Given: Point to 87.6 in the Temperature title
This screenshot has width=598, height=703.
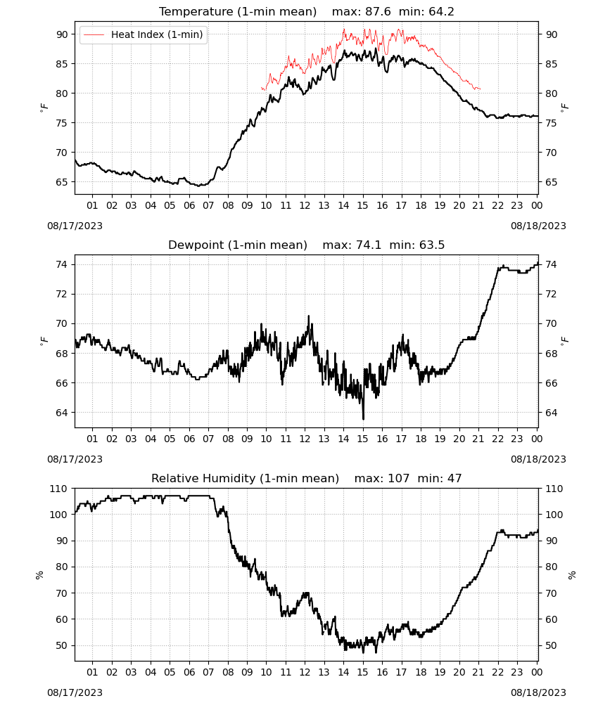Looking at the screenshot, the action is (x=378, y=11).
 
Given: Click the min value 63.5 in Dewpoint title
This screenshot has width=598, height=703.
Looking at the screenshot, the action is (x=432, y=245).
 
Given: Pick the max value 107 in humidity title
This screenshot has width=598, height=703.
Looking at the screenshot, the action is (x=398, y=478).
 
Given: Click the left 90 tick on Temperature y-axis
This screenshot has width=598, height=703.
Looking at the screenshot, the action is (x=63, y=34).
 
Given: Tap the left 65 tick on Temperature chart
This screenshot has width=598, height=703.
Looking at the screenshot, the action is (x=63, y=182).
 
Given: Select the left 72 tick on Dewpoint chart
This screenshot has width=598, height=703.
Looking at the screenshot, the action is (x=63, y=294).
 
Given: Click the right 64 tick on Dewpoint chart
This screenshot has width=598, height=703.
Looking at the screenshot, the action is (x=552, y=413).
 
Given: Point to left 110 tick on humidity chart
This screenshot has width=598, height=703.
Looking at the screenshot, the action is (x=59, y=489).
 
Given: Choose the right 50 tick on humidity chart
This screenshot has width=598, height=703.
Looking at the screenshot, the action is (x=552, y=645).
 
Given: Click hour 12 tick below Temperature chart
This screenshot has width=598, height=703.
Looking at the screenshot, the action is (x=305, y=205).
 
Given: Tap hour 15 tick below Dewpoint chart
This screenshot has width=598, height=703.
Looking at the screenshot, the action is (x=362, y=439).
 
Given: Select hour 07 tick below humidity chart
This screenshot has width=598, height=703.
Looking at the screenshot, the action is (x=208, y=673).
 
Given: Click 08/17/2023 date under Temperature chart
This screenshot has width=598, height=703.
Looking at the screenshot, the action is (x=75, y=226).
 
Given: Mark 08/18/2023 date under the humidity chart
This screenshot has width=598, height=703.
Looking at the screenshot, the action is (x=538, y=692).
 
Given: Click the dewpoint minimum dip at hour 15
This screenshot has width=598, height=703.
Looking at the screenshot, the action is (x=364, y=418).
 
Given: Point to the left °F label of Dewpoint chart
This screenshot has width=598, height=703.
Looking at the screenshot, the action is (x=44, y=341).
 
